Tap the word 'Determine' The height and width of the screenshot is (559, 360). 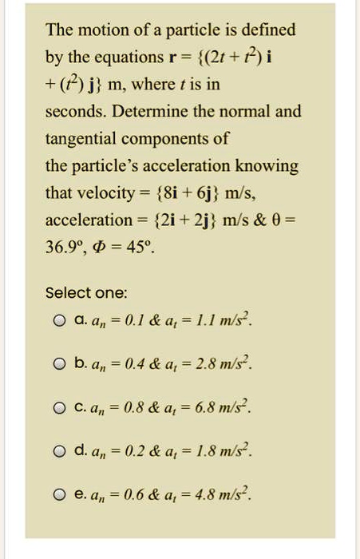154,111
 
